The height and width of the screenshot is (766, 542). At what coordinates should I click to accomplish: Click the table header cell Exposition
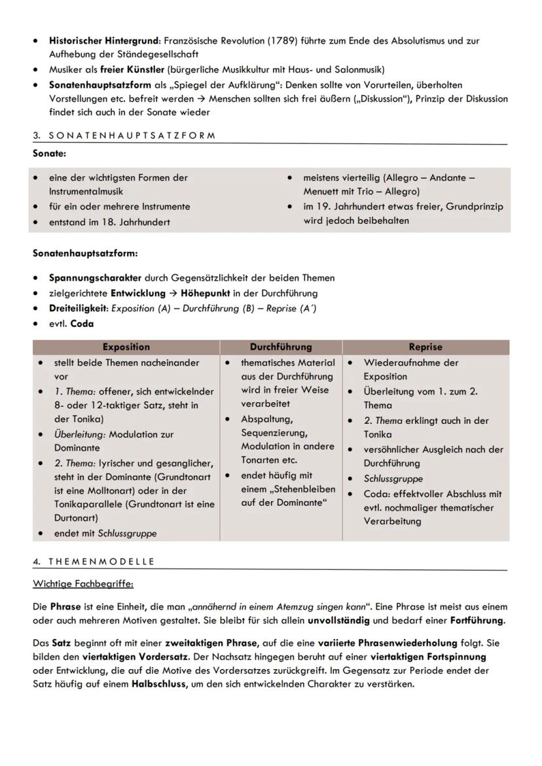(x=126, y=347)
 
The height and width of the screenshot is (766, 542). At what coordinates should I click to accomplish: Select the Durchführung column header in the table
(x=281, y=347)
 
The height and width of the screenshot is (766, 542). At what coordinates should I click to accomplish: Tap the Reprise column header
(x=425, y=347)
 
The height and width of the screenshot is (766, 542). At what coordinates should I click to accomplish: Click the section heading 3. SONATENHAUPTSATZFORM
(x=124, y=135)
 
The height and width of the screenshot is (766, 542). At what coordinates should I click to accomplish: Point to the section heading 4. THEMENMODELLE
(x=94, y=561)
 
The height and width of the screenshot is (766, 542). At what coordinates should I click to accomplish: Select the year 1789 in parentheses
(x=279, y=41)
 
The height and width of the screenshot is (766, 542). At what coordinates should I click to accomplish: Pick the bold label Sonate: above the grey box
(x=49, y=154)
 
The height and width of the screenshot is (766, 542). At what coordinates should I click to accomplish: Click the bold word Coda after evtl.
(x=82, y=324)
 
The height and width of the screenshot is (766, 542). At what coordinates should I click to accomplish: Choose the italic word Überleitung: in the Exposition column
(x=79, y=434)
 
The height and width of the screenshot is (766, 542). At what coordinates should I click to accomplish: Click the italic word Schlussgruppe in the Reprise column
(x=393, y=479)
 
